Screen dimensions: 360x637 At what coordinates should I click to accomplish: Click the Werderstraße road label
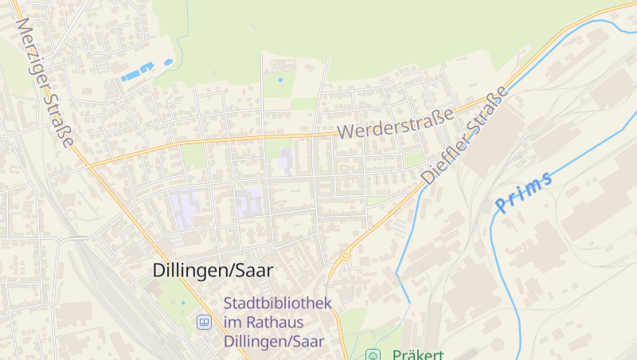click(394, 123)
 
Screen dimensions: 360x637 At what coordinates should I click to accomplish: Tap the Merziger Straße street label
click(45, 84)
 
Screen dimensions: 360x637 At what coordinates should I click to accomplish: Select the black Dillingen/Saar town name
click(213, 271)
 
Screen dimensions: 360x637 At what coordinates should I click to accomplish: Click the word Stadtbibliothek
click(278, 303)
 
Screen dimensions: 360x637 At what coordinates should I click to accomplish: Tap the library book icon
click(204, 323)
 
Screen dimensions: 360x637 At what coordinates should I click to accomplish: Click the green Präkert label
click(418, 354)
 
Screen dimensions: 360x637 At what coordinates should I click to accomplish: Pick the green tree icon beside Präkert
click(372, 354)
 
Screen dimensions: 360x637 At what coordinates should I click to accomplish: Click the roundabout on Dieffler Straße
click(346, 256)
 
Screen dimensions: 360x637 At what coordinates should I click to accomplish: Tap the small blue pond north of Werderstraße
click(279, 80)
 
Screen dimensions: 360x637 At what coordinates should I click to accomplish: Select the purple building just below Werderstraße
click(284, 157)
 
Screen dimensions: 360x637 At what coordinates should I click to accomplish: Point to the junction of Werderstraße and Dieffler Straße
click(480, 103)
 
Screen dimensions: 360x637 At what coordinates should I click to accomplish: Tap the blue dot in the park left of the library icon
click(182, 303)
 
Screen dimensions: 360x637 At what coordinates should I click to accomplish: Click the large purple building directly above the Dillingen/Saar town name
click(188, 205)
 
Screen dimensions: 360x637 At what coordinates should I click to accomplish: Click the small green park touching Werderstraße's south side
click(193, 155)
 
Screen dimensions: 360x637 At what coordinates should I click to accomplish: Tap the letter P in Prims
click(501, 206)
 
